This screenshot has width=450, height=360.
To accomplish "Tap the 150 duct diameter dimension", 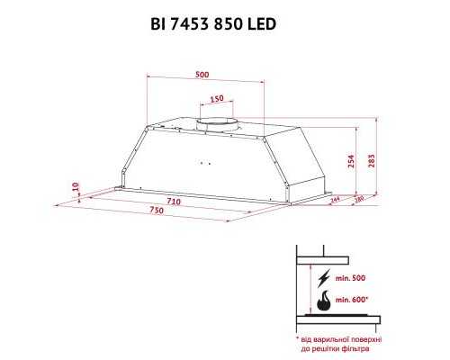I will [217, 98].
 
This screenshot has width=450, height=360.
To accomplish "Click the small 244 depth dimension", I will [334, 201].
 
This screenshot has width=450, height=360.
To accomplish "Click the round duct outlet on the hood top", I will [218, 121].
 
